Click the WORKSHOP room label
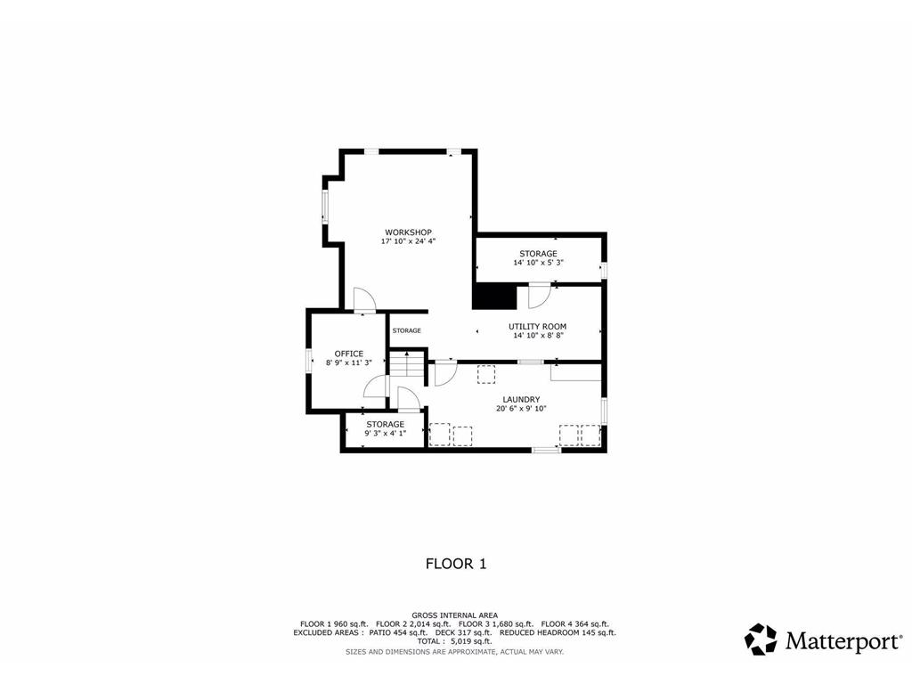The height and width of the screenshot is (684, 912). point(408,232)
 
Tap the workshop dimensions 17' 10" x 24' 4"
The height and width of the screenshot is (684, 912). point(408,241)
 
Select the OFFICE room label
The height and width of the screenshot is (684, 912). point(349,354)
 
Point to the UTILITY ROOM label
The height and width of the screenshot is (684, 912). point(537,327)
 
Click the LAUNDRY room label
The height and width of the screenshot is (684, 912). point(521,400)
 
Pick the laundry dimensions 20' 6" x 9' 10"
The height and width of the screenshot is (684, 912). point(521,408)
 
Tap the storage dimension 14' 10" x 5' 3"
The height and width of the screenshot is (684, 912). point(538,263)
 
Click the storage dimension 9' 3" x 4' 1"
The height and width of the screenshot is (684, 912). point(385,434)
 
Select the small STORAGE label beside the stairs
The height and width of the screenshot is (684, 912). point(406,330)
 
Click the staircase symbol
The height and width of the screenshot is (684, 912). point(406,364)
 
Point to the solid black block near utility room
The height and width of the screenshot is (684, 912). point(494,297)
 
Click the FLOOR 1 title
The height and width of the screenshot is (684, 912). point(456,564)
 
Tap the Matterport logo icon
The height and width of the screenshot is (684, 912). point(761,639)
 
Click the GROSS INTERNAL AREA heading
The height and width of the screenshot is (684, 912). point(455,615)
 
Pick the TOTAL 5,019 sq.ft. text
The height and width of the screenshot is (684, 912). point(454,641)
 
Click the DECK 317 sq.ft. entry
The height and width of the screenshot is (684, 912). point(463,632)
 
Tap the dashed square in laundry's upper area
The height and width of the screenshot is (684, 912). point(486,374)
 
